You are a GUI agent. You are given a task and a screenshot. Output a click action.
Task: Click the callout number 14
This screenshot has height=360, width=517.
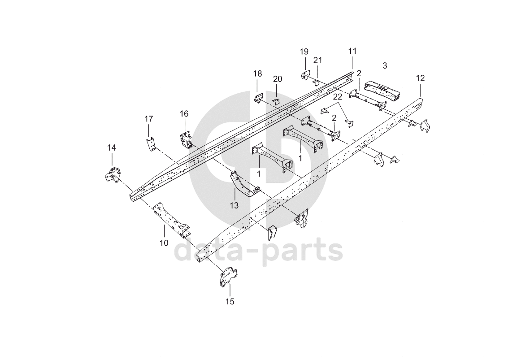tap(111, 148)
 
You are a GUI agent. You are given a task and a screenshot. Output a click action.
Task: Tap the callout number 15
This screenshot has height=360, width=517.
tap(230, 302)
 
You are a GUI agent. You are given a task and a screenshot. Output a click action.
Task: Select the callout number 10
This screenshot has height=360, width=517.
tap(164, 243)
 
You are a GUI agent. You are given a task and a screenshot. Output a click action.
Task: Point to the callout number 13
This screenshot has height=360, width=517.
tap(234, 205)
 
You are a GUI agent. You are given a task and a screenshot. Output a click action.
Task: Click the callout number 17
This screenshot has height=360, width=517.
tap(148, 119)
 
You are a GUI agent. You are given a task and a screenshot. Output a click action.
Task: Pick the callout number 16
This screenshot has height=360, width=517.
tap(184, 113)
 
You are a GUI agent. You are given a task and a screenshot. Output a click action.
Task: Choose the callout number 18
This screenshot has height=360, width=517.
tap(257, 74)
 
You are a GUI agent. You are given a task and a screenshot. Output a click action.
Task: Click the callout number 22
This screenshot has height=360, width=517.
tap(338, 96)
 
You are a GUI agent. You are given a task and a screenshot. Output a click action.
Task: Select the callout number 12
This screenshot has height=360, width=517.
tap(420, 78)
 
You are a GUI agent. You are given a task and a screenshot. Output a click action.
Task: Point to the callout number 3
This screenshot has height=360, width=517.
tap(385, 65)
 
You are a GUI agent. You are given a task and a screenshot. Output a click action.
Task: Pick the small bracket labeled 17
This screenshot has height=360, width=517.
tap(151, 144)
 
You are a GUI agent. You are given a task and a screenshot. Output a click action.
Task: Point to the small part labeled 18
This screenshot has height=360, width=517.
tap(258, 98)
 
